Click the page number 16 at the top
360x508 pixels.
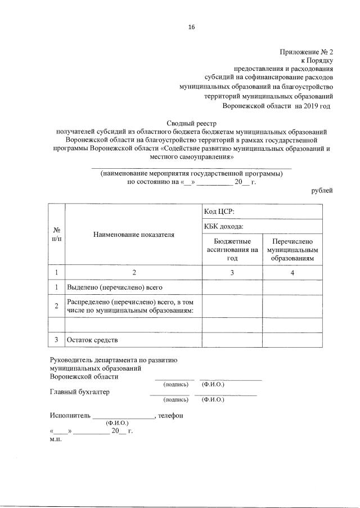[191, 26]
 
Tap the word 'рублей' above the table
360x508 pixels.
[322, 191]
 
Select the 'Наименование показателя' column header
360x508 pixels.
[133, 233]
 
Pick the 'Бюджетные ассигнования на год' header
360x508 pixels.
[232, 249]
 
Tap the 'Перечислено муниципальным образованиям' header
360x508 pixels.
[292, 249]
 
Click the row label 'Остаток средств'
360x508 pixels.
[93, 340]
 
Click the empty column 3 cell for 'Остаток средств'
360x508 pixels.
[232, 340]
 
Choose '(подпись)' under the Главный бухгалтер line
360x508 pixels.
[175, 399]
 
